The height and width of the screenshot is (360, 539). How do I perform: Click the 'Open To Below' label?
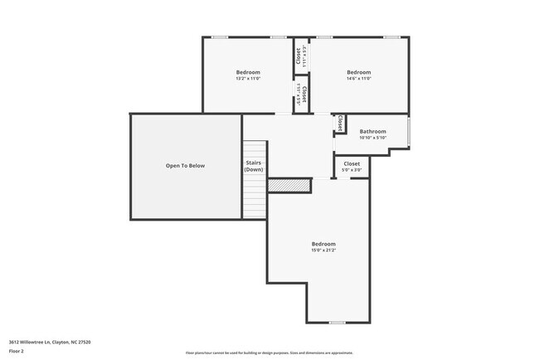(x=185, y=166)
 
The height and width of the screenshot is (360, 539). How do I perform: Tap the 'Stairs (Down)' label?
(x=253, y=166)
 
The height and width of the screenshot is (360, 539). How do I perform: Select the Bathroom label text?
(x=372, y=131)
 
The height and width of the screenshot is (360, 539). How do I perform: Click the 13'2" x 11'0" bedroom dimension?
(x=248, y=80)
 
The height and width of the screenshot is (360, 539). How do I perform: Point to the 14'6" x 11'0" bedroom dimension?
(x=358, y=80)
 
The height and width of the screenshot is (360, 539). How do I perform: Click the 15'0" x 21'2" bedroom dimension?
(x=323, y=251)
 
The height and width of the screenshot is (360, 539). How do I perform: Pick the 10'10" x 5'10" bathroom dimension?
(x=372, y=138)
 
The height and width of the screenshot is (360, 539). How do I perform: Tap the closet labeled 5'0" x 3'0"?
(x=352, y=167)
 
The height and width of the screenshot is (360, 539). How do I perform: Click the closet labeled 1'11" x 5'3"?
(x=299, y=56)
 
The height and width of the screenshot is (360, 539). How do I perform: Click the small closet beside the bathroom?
(x=339, y=124)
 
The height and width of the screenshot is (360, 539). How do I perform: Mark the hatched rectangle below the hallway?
(x=288, y=185)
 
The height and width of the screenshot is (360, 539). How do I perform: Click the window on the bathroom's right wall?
(x=409, y=131)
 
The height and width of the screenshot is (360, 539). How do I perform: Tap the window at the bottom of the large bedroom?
(x=337, y=323)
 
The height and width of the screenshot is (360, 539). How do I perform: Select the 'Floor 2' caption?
(x=17, y=351)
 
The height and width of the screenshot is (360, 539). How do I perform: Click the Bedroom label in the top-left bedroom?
(x=248, y=72)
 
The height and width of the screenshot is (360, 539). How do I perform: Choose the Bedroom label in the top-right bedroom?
(x=358, y=72)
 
